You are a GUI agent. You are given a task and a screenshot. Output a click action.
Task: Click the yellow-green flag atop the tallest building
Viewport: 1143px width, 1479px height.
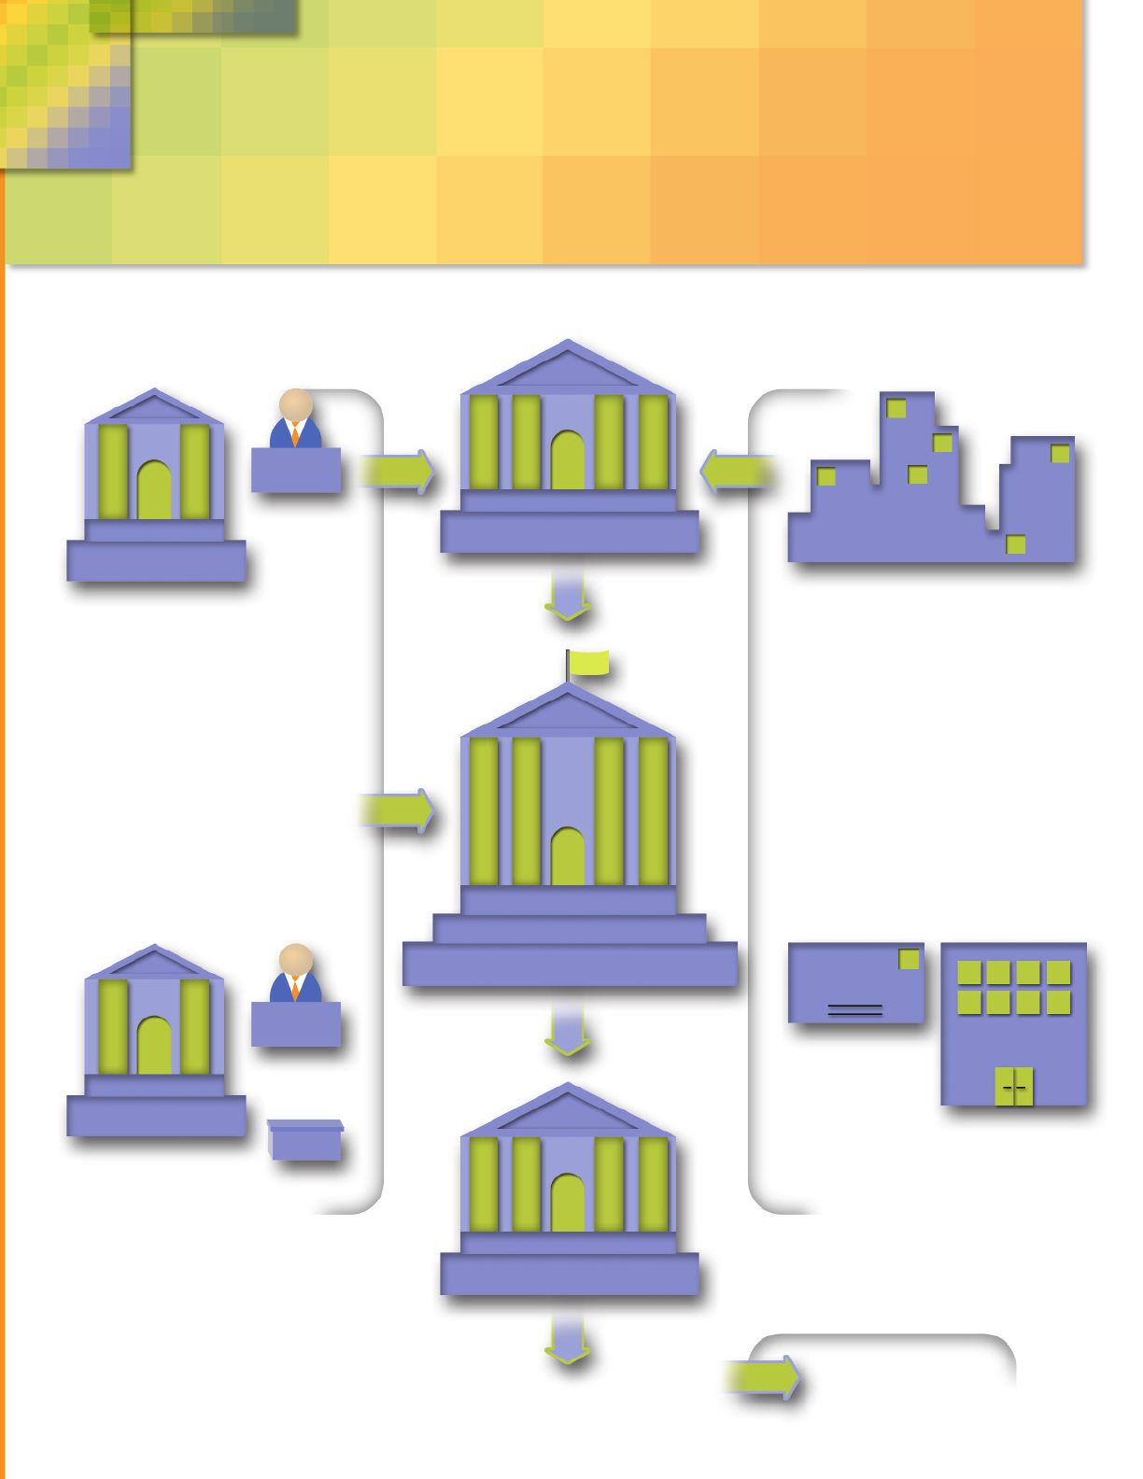pyautogui.click(x=588, y=663)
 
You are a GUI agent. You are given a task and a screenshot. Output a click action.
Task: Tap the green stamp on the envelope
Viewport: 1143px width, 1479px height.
pyautogui.click(x=908, y=959)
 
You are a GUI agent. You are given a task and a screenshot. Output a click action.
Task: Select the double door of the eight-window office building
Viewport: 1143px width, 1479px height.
pyautogui.click(x=1014, y=1087)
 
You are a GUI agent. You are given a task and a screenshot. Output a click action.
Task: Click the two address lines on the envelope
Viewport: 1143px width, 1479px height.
pyautogui.click(x=854, y=1009)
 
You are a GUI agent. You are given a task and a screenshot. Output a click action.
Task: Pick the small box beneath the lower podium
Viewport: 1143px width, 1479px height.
pyautogui.click(x=305, y=1140)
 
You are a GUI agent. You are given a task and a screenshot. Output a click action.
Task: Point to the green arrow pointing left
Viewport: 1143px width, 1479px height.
pyautogui.click(x=737, y=472)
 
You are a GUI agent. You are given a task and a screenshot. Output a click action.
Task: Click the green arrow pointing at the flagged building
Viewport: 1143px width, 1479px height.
pyautogui.click(x=397, y=810)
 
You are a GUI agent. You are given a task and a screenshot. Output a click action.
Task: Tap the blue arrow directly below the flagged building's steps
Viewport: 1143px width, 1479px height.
pyautogui.click(x=568, y=1030)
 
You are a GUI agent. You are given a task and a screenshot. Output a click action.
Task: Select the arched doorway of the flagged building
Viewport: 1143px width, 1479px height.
pyautogui.click(x=568, y=856)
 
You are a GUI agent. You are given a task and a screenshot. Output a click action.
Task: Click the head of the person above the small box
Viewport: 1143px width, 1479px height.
pyautogui.click(x=296, y=960)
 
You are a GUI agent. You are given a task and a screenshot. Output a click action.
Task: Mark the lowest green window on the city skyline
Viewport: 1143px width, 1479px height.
pyautogui.click(x=1015, y=544)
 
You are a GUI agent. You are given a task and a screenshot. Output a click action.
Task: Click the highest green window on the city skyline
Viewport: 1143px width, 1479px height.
pyautogui.click(x=896, y=408)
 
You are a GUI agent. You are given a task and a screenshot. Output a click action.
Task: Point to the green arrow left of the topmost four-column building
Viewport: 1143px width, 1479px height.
pyautogui.click(x=397, y=472)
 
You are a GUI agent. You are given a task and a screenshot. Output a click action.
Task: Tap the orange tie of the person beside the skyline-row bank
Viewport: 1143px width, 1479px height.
pyautogui.click(x=295, y=434)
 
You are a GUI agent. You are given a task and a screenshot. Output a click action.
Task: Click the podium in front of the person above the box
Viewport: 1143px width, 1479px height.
pyautogui.click(x=296, y=1024)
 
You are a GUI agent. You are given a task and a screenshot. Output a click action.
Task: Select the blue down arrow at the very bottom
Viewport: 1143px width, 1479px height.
pyautogui.click(x=568, y=1341)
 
